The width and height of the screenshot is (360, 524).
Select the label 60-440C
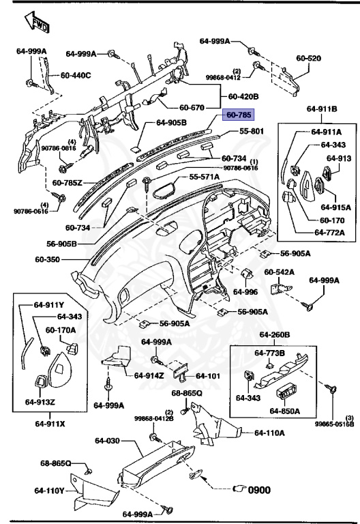[75, 75]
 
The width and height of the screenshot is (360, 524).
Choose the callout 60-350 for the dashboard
[48, 260]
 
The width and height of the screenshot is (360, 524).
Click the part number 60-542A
[280, 272]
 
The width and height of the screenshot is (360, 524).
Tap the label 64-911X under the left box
[50, 424]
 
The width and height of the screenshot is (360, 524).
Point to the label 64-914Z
[147, 375]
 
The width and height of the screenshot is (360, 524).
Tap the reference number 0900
[259, 489]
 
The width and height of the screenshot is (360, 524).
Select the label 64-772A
[329, 233]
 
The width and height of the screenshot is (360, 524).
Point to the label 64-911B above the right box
[321, 108]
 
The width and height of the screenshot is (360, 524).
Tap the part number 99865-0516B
[334, 424]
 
